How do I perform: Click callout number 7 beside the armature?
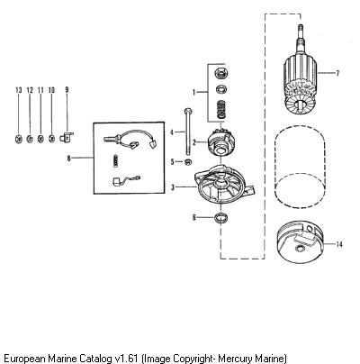337,73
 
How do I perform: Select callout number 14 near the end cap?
339,244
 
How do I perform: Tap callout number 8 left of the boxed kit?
69,158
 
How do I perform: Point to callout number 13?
19,90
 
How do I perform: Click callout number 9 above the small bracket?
67,89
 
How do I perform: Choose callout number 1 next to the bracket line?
193,92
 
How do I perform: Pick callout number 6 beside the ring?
194,217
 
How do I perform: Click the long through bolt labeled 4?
187,132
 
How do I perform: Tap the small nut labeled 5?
188,162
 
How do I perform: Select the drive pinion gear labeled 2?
219,141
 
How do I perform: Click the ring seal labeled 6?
221,218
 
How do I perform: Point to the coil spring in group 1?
221,109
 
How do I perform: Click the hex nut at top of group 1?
221,73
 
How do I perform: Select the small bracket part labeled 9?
67,137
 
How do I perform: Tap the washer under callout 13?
19,139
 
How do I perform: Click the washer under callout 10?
51,139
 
